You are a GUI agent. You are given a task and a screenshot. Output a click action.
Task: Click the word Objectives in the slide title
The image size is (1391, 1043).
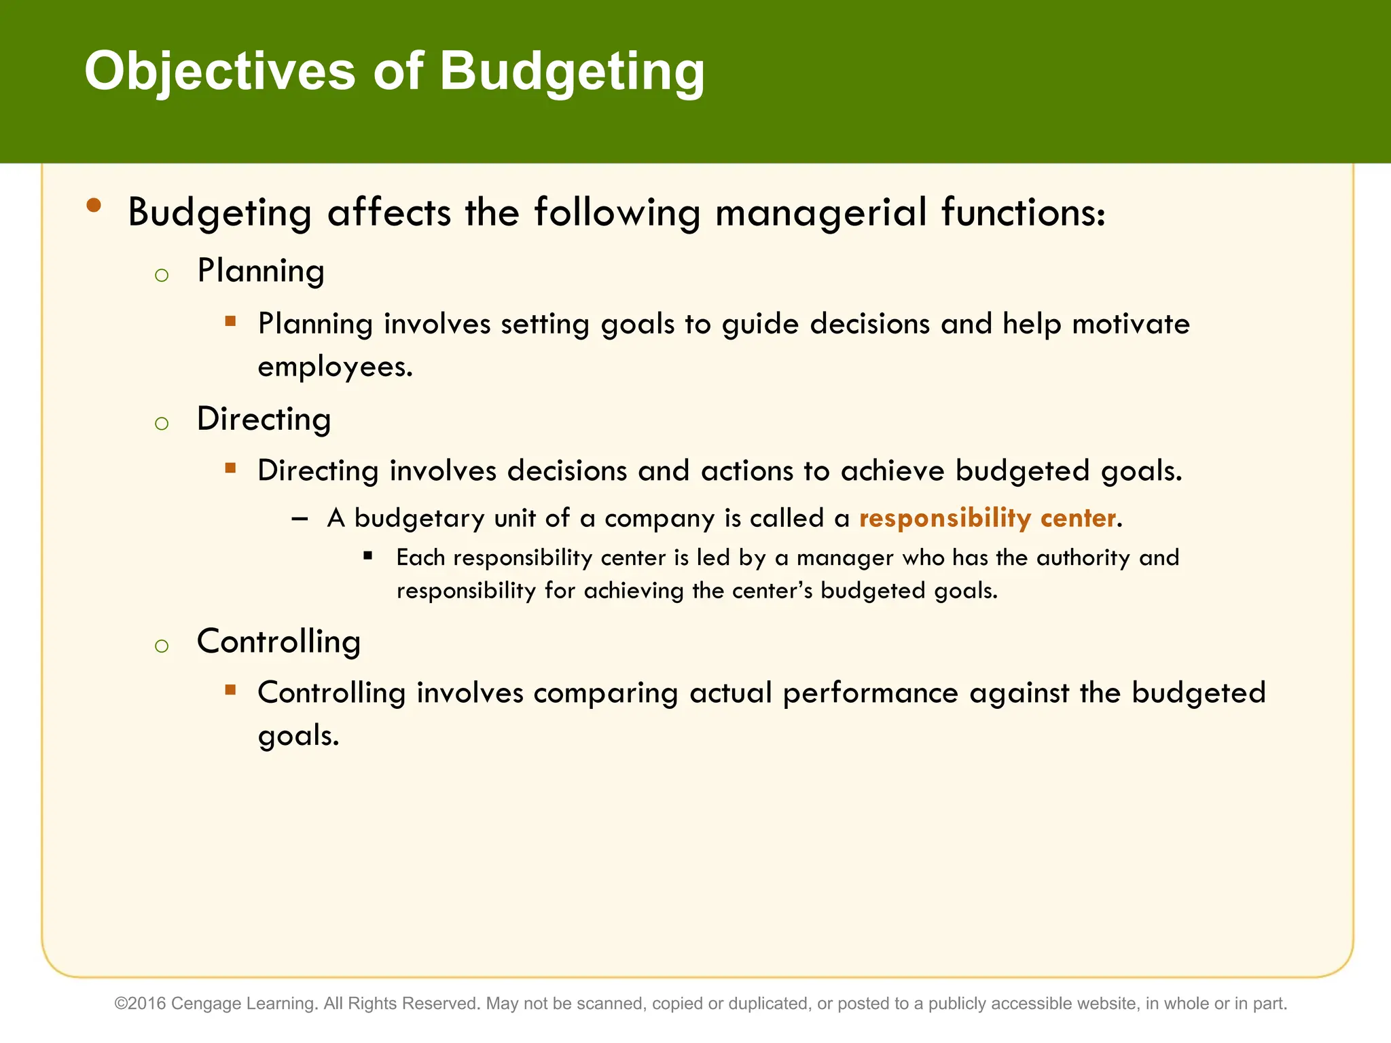pos(219,71)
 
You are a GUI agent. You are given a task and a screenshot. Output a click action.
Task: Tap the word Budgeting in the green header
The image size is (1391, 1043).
pos(572,71)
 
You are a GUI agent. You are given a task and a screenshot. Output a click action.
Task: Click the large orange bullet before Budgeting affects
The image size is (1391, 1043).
pos(94,205)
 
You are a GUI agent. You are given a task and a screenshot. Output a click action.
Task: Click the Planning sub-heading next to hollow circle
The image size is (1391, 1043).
pos(261,271)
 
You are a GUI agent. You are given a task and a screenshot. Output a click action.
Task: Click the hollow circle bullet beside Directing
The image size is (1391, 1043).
pos(162,424)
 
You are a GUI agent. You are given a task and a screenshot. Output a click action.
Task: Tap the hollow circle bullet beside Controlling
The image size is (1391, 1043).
pos(162,646)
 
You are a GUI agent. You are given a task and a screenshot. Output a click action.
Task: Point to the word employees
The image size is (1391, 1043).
pos(335,367)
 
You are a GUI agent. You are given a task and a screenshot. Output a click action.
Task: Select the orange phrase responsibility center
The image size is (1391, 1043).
pos(988,518)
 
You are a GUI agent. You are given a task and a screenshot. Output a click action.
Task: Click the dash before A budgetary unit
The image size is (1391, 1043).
pos(300,519)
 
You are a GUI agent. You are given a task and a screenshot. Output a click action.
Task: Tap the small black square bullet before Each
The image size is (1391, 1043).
pos(368,555)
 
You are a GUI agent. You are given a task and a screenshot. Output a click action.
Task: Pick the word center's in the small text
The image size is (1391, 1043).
pos(772,591)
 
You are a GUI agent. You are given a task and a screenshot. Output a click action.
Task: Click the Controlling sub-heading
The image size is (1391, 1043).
pos(278,642)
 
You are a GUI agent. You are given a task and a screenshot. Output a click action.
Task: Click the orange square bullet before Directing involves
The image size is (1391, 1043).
pos(231,468)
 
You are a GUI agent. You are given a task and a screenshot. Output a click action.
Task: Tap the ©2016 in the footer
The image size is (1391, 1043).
pos(140,1004)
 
